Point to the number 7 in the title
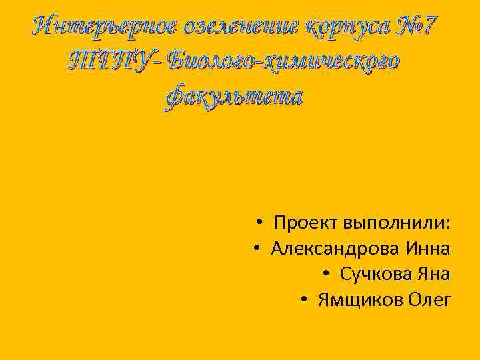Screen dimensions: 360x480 point(431,27)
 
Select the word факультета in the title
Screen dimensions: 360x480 point(234,96)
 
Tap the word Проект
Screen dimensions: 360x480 point(307,222)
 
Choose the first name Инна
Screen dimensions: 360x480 point(427,248)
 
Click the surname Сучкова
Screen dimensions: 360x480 point(374,274)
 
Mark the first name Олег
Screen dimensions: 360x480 point(429,300)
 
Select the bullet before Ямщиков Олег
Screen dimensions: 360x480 point(304,300)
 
